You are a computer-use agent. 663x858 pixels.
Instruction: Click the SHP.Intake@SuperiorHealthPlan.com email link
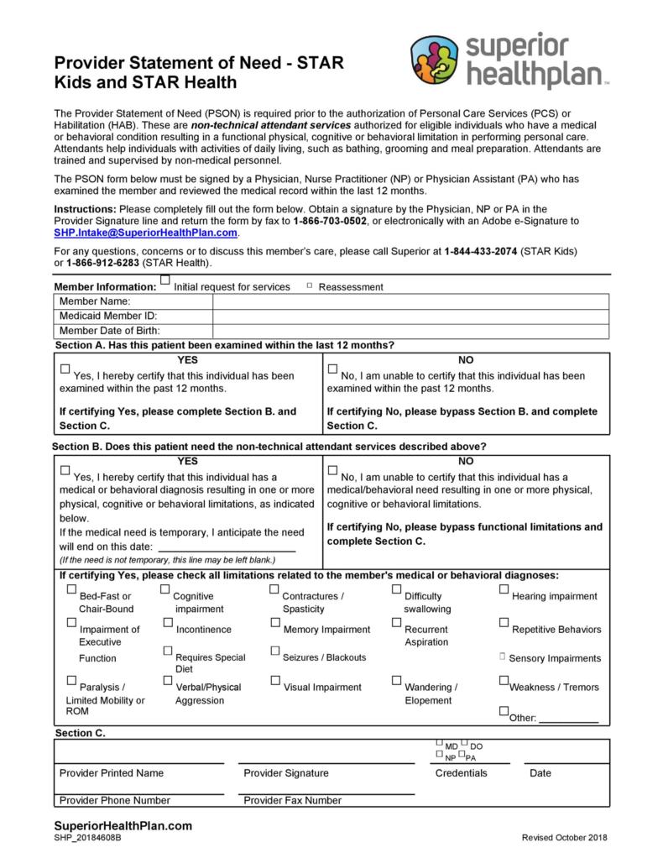(x=146, y=233)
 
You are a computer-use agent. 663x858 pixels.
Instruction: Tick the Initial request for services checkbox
(x=165, y=280)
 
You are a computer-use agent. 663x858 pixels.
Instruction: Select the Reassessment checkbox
(x=310, y=286)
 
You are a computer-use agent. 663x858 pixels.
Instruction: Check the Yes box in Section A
(x=65, y=369)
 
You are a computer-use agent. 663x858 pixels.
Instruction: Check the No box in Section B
(x=332, y=471)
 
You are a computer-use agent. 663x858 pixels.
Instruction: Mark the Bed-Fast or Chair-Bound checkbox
(x=71, y=589)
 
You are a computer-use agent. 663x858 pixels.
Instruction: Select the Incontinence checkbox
(x=169, y=622)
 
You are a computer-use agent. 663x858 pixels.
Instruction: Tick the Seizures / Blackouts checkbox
(x=275, y=651)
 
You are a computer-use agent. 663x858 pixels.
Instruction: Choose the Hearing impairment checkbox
(x=504, y=589)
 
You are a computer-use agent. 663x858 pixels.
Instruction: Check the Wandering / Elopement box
(x=397, y=680)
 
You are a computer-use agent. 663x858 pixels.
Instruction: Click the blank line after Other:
(x=568, y=719)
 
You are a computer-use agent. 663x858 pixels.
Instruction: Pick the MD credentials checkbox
(x=440, y=743)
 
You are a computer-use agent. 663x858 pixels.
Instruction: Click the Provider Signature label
(x=286, y=773)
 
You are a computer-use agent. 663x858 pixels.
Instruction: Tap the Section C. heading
(x=80, y=733)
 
